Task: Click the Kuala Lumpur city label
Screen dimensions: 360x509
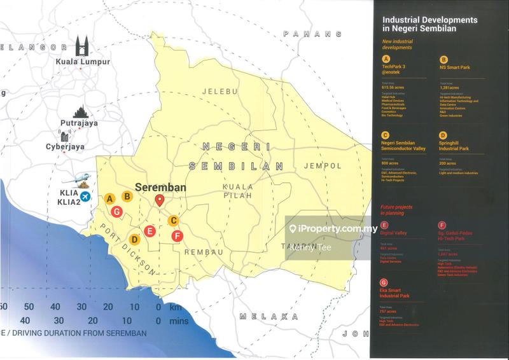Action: tap(83, 62)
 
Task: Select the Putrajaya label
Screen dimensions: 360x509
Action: tap(79, 123)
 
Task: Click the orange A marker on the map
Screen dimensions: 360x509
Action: tap(110, 198)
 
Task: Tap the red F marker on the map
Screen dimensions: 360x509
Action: tap(178, 236)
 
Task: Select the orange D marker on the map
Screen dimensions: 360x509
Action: tap(135, 240)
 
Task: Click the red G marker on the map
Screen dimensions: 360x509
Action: tap(116, 211)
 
